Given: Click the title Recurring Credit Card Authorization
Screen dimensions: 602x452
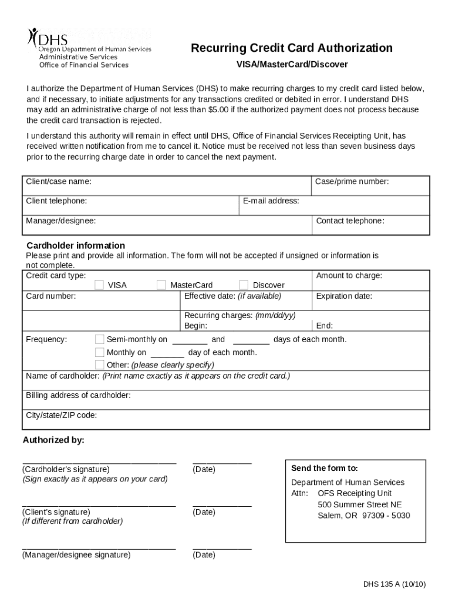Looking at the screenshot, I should [x=291, y=48].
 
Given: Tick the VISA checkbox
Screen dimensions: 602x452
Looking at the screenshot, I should [x=100, y=285].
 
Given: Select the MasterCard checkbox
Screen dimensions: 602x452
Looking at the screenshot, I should [x=161, y=285].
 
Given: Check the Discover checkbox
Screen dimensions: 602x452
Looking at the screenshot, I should [x=244, y=285].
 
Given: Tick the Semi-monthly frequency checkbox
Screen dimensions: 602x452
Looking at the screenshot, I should [x=100, y=339].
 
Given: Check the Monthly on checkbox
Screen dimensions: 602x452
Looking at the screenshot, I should [x=100, y=353].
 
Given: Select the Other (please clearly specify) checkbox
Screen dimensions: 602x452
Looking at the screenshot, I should [x=100, y=364].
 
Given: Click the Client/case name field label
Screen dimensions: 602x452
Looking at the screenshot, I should [x=59, y=182].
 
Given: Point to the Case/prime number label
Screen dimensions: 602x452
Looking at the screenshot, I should [x=352, y=182].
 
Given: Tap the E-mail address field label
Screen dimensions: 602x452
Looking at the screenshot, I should [x=271, y=201].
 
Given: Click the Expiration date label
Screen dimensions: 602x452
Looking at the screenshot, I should [x=344, y=296].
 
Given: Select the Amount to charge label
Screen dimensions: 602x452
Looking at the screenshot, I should [x=349, y=276].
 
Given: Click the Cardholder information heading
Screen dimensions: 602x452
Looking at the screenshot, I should [x=76, y=245].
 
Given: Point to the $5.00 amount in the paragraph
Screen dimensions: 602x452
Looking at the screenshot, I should [x=218, y=110].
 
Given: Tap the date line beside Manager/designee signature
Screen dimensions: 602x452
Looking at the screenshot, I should [x=222, y=549].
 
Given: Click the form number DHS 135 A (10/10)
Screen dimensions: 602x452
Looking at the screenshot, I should [x=394, y=584].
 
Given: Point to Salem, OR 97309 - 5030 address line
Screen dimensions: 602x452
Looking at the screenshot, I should [x=364, y=516].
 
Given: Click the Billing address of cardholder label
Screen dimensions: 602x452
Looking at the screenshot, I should [x=78, y=396].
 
